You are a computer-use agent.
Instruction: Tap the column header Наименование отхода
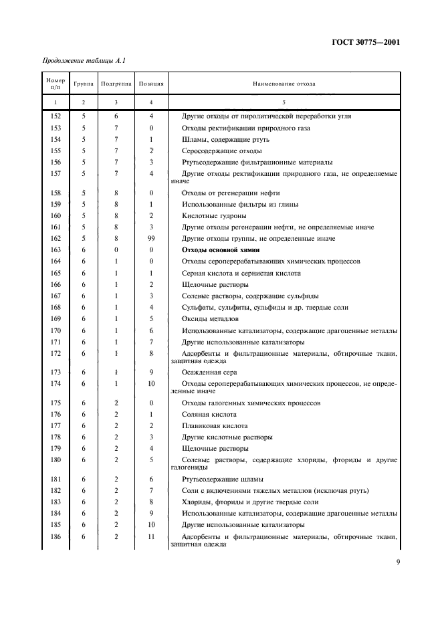pyautogui.click(x=284, y=84)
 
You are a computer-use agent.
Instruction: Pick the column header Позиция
pyautogui.click(x=152, y=84)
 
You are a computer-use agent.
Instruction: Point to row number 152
pyautogui.click(x=56, y=116)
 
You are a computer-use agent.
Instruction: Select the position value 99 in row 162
pyautogui.click(x=152, y=238)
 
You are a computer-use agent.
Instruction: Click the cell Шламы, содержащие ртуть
pyautogui.click(x=221, y=139)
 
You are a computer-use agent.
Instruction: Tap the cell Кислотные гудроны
pyautogui.click(x=214, y=215)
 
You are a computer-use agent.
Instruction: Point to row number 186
pyautogui.click(x=56, y=537)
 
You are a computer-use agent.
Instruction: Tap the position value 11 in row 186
pyautogui.click(x=152, y=537)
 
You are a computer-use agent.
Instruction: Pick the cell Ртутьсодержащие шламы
pyautogui.click(x=222, y=479)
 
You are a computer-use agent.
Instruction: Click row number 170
pyautogui.click(x=56, y=330)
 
